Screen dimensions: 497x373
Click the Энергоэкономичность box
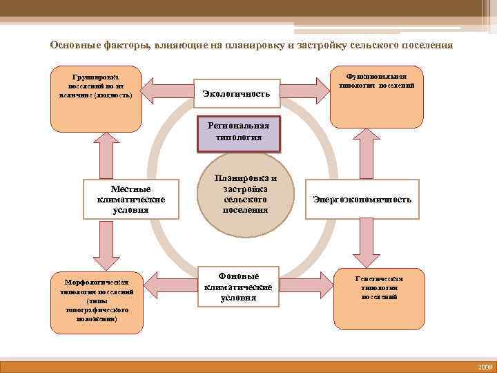(x=362, y=200)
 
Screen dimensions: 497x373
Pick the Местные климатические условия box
(x=130, y=199)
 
